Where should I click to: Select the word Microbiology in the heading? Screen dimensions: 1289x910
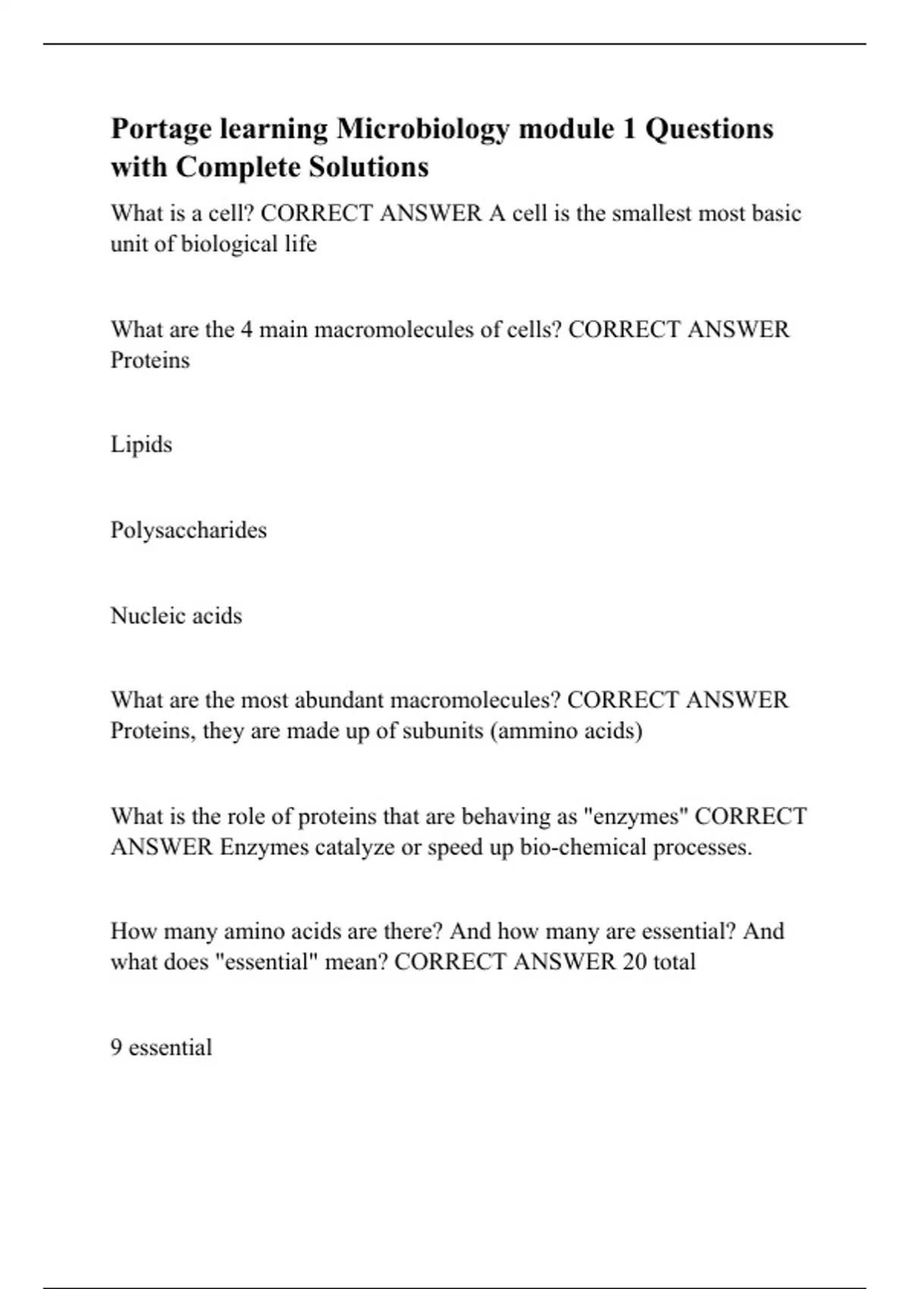click(x=422, y=130)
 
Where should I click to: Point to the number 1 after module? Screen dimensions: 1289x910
click(x=629, y=129)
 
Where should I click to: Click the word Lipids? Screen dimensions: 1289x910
click(x=141, y=444)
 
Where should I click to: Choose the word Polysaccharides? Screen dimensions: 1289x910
click(x=189, y=530)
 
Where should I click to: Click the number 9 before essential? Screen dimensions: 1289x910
click(x=116, y=1048)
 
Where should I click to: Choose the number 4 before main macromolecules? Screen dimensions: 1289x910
click(x=246, y=330)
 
